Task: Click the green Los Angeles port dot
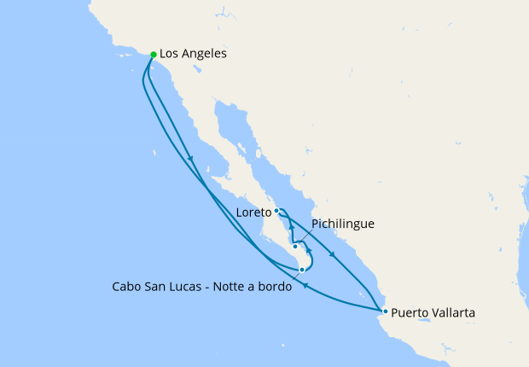(x=154, y=55)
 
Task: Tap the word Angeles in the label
(x=203, y=54)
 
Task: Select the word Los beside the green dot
(x=169, y=54)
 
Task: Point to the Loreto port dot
(x=276, y=210)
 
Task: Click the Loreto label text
(x=254, y=210)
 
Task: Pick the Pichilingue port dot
(x=295, y=247)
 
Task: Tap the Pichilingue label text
(x=343, y=224)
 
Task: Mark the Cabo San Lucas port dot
(x=302, y=270)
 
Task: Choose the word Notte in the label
(x=247, y=287)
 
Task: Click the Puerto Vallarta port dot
(x=386, y=311)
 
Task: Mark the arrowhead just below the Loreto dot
(x=291, y=228)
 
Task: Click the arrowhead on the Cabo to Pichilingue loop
(x=308, y=251)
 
